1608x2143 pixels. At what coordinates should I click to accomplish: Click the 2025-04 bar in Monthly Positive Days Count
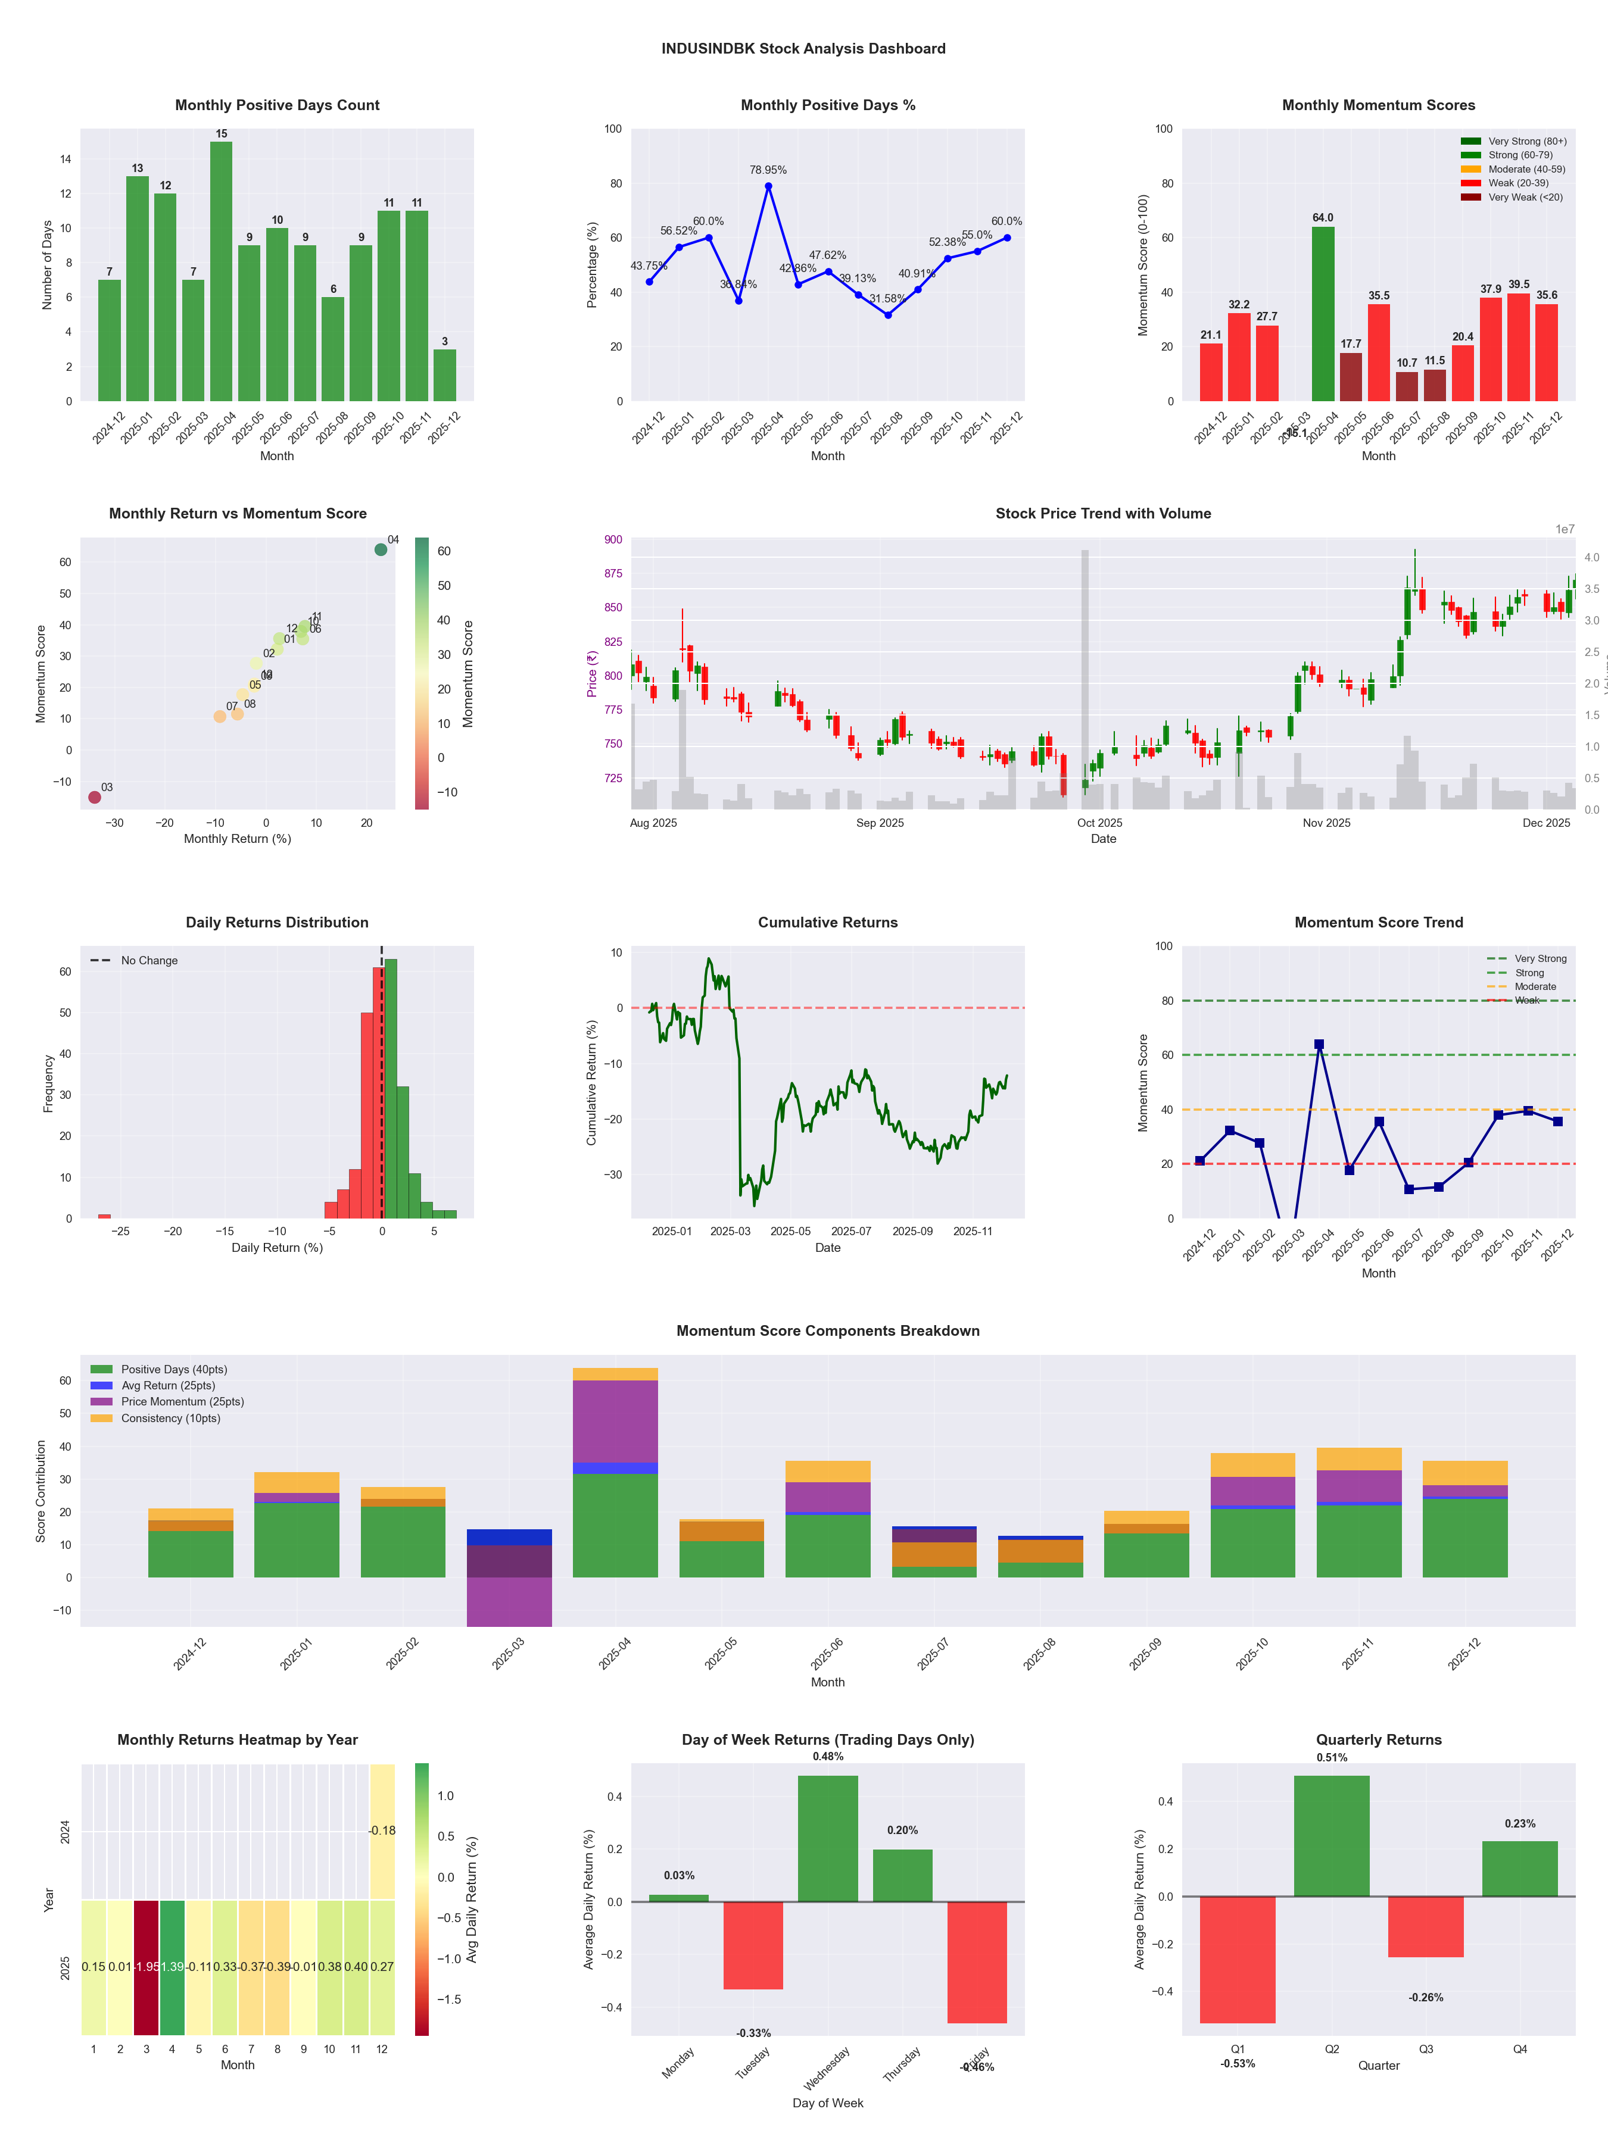[x=221, y=271]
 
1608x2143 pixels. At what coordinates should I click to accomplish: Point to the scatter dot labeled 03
[x=95, y=797]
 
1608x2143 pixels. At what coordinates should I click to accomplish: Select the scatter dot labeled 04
[x=381, y=549]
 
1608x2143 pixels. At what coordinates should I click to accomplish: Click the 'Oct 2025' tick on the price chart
[x=1099, y=823]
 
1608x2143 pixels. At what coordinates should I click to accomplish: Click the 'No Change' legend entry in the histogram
[x=148, y=961]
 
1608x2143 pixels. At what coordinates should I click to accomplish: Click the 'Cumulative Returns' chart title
[x=828, y=922]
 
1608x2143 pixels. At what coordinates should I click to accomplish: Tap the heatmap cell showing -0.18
[x=382, y=1831]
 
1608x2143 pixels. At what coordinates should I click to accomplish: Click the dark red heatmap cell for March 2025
[x=147, y=1967]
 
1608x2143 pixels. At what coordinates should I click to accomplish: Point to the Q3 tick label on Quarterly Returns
[x=1426, y=2049]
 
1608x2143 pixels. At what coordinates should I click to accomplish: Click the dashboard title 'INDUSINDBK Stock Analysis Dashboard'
[x=803, y=48]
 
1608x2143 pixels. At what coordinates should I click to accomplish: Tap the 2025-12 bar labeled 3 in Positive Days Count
[x=445, y=375]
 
